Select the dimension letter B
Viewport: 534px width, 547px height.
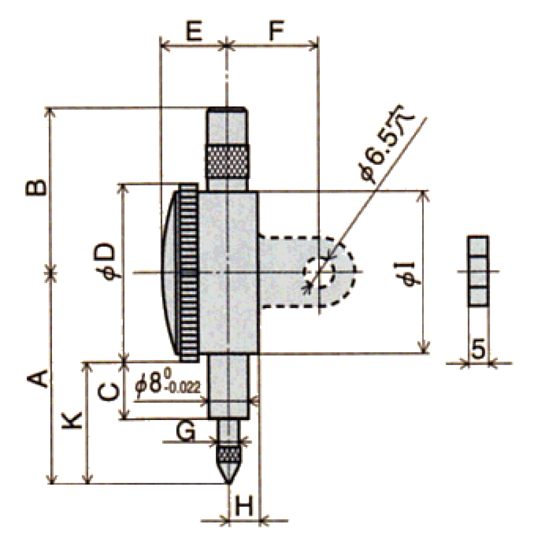(x=35, y=188)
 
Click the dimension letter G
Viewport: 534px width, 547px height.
(x=185, y=430)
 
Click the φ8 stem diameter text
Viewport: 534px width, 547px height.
(x=152, y=383)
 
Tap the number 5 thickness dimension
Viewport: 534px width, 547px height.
(x=478, y=350)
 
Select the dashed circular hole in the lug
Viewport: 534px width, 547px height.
(x=318, y=273)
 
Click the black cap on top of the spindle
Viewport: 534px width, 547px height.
(x=228, y=109)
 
